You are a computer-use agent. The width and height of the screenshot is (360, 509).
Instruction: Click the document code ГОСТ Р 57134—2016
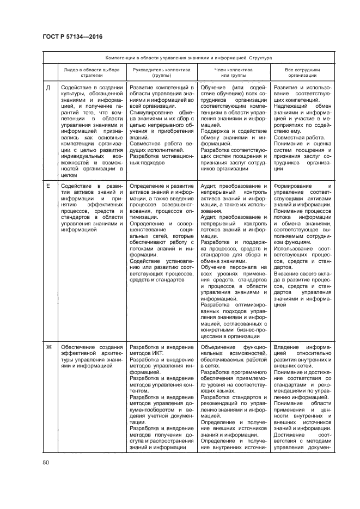point(72,36)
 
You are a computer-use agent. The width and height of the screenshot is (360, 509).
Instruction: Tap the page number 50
point(46,463)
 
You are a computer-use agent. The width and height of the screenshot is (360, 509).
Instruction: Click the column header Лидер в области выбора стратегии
point(91,73)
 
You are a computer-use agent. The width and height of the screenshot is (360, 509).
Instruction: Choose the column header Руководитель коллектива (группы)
point(162,73)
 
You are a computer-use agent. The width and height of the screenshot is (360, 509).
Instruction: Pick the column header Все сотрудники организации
point(302,73)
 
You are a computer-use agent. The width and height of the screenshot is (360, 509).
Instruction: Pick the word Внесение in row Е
point(287,274)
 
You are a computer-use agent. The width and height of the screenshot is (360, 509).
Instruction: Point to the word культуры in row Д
point(73,94)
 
